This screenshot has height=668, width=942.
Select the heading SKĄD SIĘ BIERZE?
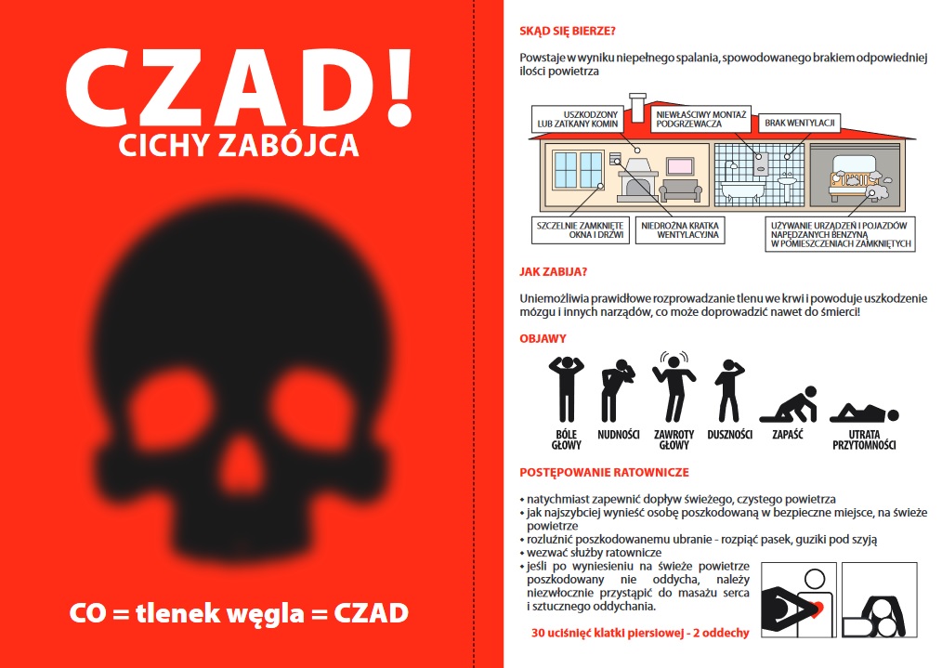[x=567, y=30]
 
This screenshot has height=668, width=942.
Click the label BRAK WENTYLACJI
[x=799, y=122]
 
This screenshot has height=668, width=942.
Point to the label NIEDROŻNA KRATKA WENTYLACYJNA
[x=681, y=230]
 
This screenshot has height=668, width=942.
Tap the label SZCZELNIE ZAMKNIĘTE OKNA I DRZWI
[x=580, y=230]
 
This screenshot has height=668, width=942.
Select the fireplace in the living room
[x=637, y=181]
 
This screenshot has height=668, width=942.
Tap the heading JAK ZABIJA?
[x=552, y=272]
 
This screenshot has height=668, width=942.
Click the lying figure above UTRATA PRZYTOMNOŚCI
[x=863, y=411]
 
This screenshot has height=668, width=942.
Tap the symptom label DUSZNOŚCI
[x=729, y=434]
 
